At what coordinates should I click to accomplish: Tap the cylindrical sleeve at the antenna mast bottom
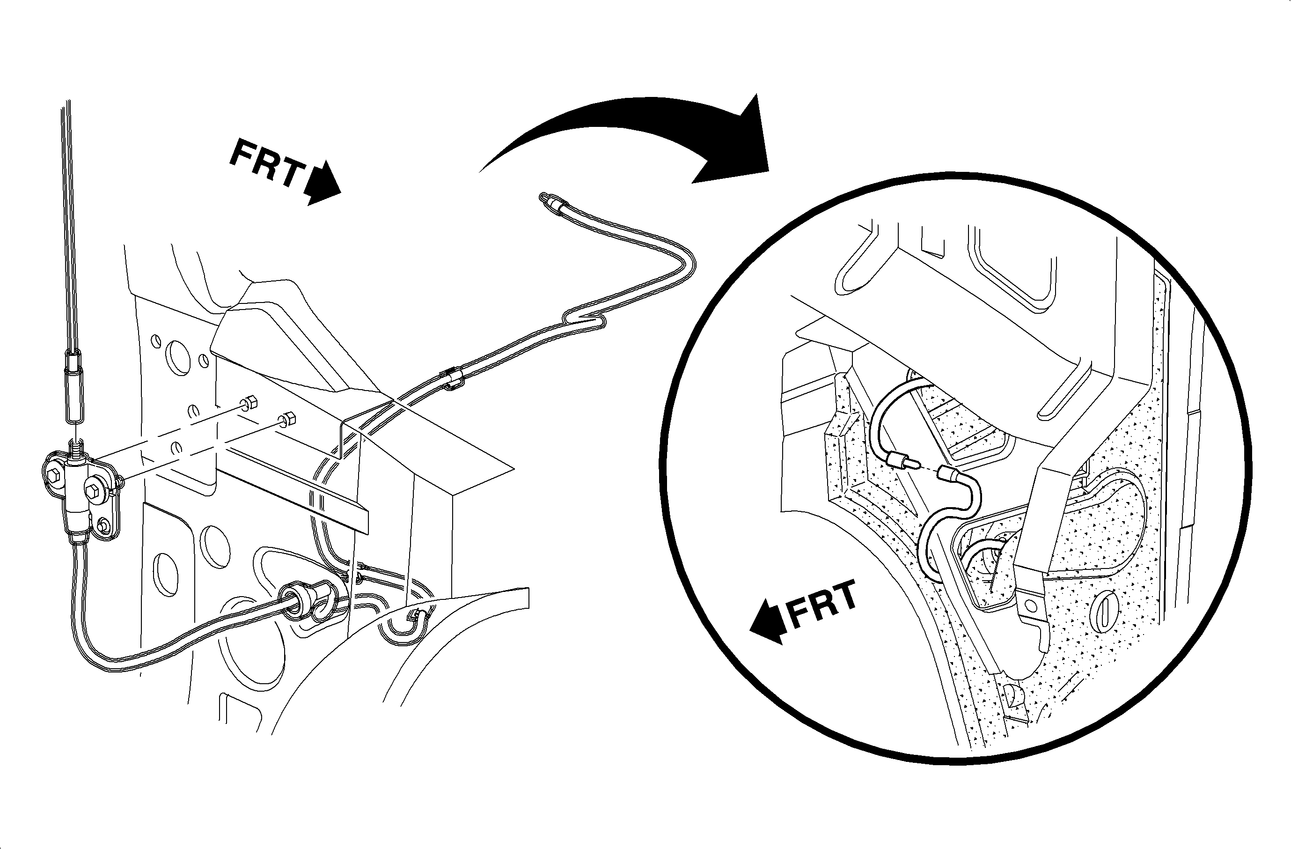(x=73, y=386)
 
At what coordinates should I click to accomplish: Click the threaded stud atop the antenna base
(x=76, y=450)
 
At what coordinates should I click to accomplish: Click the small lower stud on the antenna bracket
(x=103, y=524)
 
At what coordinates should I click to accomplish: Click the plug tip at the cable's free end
(x=547, y=199)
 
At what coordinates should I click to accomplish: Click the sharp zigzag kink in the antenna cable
(x=586, y=320)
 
